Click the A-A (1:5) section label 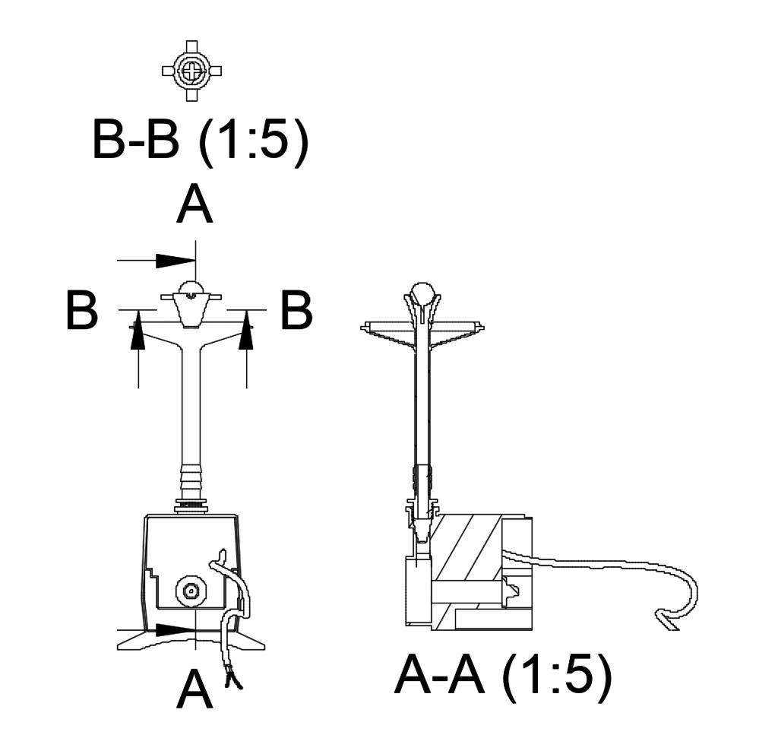click(x=503, y=676)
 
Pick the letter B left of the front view click(x=82, y=312)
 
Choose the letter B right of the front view click(x=297, y=312)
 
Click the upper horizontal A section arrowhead click(x=175, y=260)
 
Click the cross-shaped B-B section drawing click(x=192, y=71)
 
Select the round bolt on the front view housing click(x=191, y=591)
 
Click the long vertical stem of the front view click(x=191, y=406)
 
